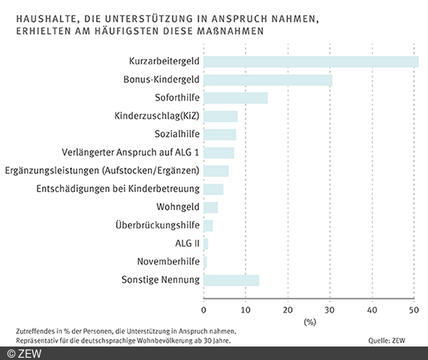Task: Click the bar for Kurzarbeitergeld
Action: coord(311,61)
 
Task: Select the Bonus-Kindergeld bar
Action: coord(268,79)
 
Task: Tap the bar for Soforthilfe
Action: coord(236,97)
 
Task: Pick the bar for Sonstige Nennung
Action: coord(231,280)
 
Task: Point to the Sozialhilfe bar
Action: coord(220,134)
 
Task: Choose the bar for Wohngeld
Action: coord(211,207)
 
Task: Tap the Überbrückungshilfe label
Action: coord(157,226)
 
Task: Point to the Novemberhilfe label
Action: coord(167,262)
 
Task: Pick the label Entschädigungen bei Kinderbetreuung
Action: coord(117,189)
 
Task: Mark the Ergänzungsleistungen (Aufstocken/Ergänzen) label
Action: coord(101,171)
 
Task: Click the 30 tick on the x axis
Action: coord(330,308)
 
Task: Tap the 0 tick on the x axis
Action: coord(204,308)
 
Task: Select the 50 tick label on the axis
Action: coord(414,308)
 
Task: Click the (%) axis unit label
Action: coord(309,322)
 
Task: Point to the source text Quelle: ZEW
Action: coord(391,340)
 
